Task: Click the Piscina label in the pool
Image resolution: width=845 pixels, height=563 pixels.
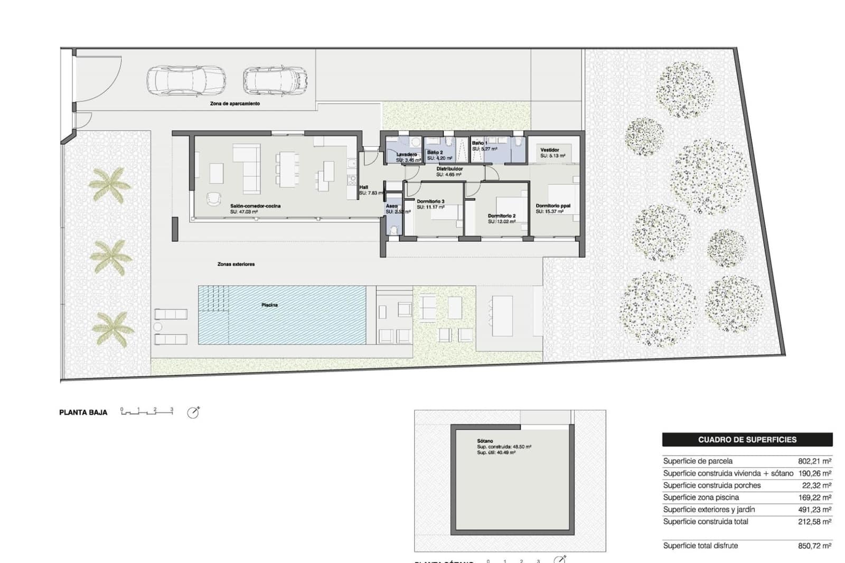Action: pyautogui.click(x=269, y=305)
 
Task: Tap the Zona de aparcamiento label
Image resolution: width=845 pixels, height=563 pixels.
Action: pyautogui.click(x=235, y=104)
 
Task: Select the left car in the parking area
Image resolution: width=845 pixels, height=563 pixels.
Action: pyautogui.click(x=186, y=81)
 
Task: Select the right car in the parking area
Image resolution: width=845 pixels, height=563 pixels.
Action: pyautogui.click(x=275, y=80)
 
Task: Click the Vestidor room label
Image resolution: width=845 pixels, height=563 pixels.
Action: pyautogui.click(x=550, y=150)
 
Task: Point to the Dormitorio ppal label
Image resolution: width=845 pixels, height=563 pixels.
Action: pyautogui.click(x=553, y=206)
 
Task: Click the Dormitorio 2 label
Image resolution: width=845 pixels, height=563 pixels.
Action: pyautogui.click(x=502, y=216)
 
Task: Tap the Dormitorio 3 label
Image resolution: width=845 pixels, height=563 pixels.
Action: pyautogui.click(x=430, y=201)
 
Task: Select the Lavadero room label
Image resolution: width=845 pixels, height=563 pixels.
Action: pyautogui.click(x=407, y=154)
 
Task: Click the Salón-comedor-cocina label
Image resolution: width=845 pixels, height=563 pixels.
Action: pyautogui.click(x=256, y=206)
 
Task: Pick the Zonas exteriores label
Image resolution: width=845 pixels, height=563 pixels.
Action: pyautogui.click(x=236, y=264)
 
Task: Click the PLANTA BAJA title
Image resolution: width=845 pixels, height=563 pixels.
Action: pyautogui.click(x=83, y=412)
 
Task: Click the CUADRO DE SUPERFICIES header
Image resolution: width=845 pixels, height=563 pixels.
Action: pyautogui.click(x=747, y=439)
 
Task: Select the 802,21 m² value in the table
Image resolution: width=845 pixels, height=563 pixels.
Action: pyautogui.click(x=814, y=461)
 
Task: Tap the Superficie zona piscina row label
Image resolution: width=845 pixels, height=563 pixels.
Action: pyautogui.click(x=701, y=498)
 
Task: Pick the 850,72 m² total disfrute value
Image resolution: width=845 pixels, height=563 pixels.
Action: pyautogui.click(x=814, y=546)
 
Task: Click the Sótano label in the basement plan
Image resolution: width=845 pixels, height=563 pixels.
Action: pyautogui.click(x=485, y=441)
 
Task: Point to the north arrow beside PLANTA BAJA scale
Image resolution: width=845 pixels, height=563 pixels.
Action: pyautogui.click(x=193, y=412)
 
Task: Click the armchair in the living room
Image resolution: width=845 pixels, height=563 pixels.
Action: pyautogui.click(x=213, y=198)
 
